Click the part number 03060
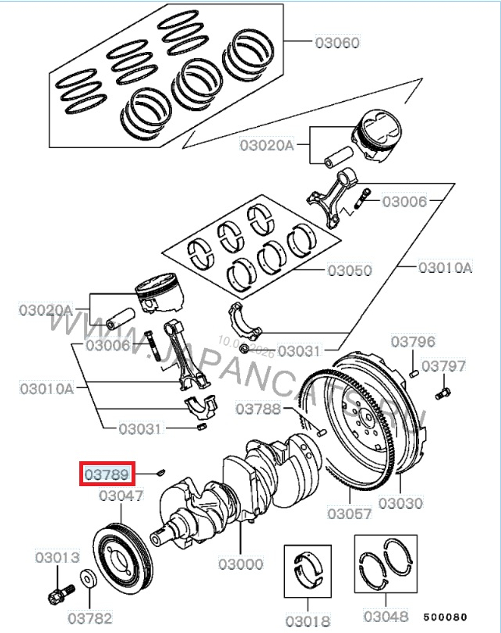[x=337, y=42]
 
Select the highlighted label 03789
[x=107, y=474]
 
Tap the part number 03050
[x=350, y=270]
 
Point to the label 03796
[x=413, y=342]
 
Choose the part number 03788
[x=258, y=409]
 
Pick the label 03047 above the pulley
[x=121, y=496]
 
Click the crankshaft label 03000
[x=240, y=564]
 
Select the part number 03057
[x=349, y=513]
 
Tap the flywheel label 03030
[x=401, y=503]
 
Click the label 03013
[x=57, y=557]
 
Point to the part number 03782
[x=90, y=618]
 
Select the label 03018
[x=308, y=621]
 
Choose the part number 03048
[x=386, y=616]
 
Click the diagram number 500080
[x=445, y=617]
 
